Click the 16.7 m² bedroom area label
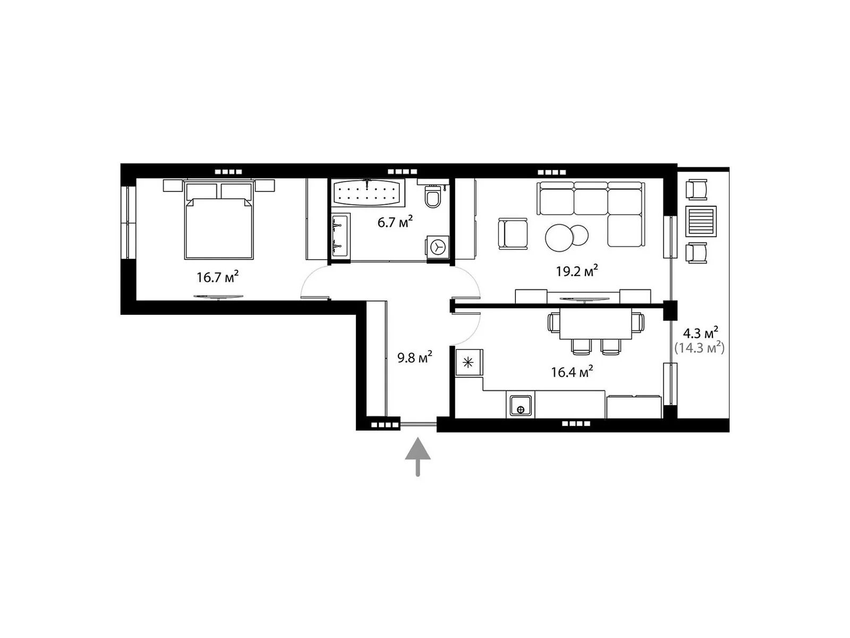(217, 277)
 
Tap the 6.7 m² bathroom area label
(395, 222)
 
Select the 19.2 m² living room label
(576, 271)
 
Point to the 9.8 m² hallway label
(414, 357)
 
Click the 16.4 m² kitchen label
(572, 372)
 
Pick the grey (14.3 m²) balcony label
(699, 348)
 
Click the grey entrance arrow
(418, 456)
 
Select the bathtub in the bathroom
(367, 192)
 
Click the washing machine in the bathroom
(438, 247)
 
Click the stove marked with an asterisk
(469, 362)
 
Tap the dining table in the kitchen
(595, 323)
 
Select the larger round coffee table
(559, 238)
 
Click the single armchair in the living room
(513, 233)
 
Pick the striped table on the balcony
(701, 221)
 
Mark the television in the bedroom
(218, 297)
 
